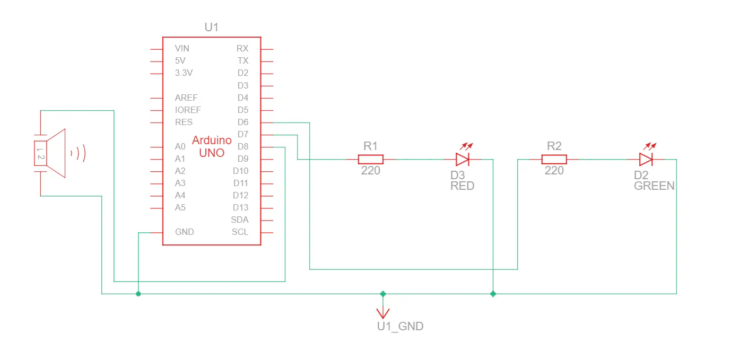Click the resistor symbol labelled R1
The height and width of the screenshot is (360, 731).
[371, 159]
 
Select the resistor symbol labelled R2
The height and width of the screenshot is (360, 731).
[554, 159]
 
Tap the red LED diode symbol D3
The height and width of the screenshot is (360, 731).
[463, 159]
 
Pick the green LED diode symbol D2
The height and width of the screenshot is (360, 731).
[646, 159]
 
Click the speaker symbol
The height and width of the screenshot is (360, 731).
[53, 153]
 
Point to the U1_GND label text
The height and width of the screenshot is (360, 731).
[400, 327]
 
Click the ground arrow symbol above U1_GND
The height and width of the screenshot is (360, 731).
[382, 311]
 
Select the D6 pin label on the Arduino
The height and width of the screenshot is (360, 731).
[243, 122]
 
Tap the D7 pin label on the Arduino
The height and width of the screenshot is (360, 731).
[243, 135]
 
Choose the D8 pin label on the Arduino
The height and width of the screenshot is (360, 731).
[243, 146]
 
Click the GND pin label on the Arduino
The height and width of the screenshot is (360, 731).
[185, 232]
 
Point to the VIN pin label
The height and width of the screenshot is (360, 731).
[182, 48]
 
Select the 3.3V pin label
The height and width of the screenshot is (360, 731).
[184, 73]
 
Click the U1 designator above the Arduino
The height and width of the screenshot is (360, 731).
[211, 27]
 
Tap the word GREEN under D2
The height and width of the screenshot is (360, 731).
[655, 186]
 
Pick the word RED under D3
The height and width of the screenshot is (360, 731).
[462, 186]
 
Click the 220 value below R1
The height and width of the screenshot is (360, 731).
[371, 171]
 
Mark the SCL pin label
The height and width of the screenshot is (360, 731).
[240, 232]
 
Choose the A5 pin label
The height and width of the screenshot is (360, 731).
[180, 207]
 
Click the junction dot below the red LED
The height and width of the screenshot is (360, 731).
[493, 293]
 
